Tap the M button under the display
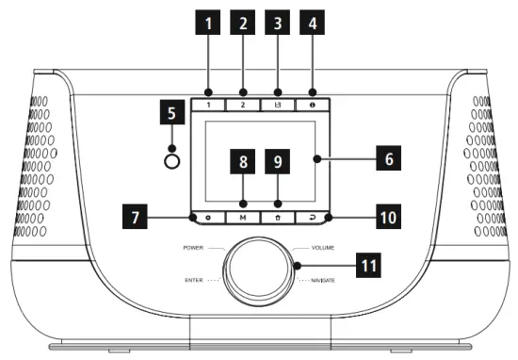[x=242, y=216]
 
